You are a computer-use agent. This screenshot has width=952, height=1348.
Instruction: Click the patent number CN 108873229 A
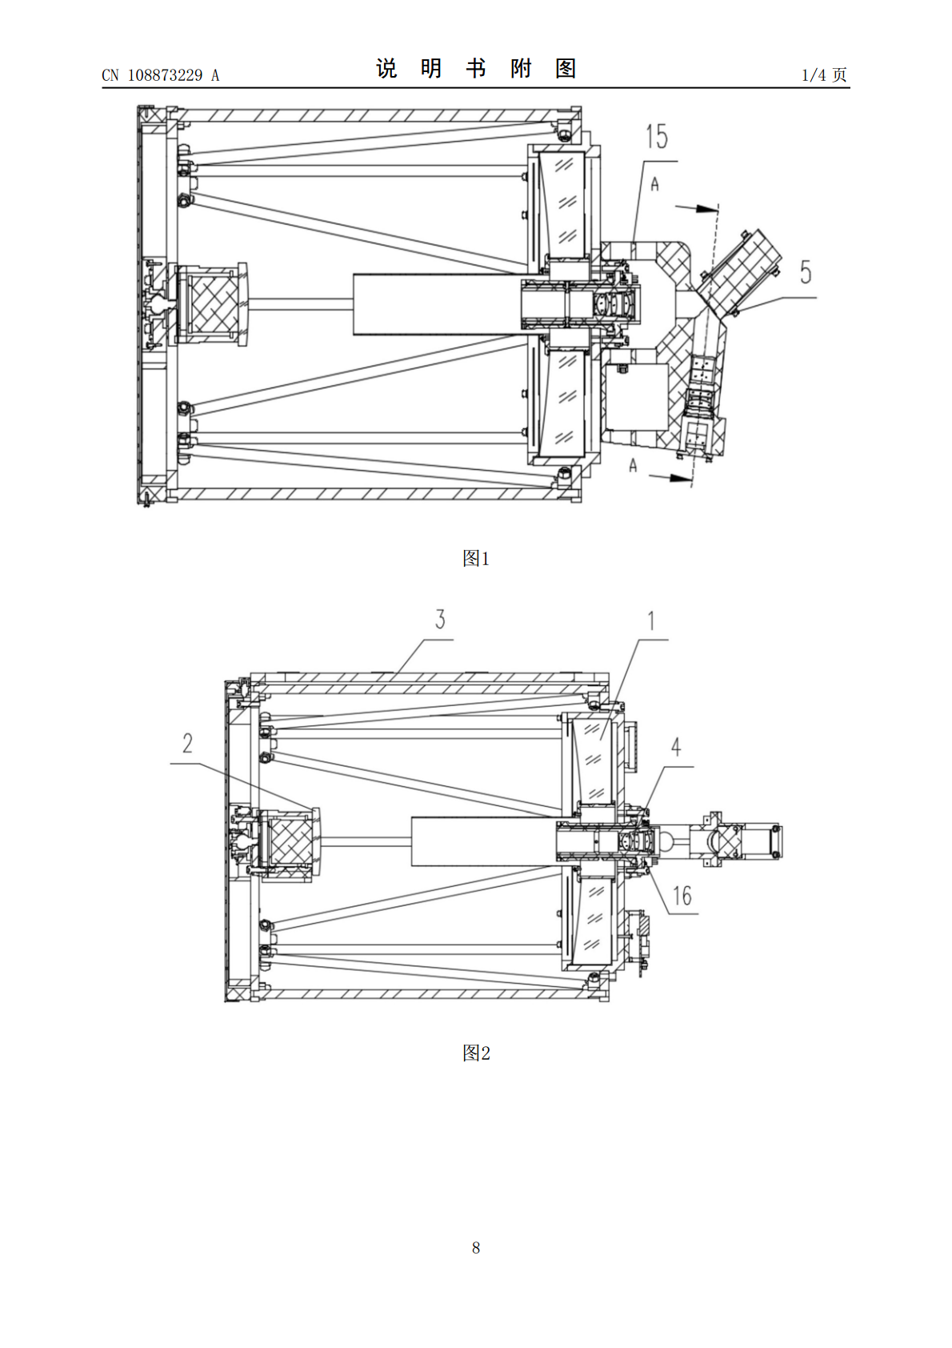coord(161,75)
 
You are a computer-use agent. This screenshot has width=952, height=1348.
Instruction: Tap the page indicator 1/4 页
coord(825,74)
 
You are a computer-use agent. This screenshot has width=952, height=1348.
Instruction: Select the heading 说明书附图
coord(476,69)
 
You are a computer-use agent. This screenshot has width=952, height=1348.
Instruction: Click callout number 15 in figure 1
coord(657,137)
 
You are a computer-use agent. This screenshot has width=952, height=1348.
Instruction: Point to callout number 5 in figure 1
coord(806,272)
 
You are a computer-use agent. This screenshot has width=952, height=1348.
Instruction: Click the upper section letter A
coord(655,184)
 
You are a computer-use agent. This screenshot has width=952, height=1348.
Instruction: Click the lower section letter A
coord(633,464)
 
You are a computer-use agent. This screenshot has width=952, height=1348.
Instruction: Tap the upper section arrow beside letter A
coord(697,208)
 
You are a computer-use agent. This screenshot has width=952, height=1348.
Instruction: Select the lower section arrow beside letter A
coord(670,476)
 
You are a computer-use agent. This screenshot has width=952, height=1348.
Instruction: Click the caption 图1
coord(476,559)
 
